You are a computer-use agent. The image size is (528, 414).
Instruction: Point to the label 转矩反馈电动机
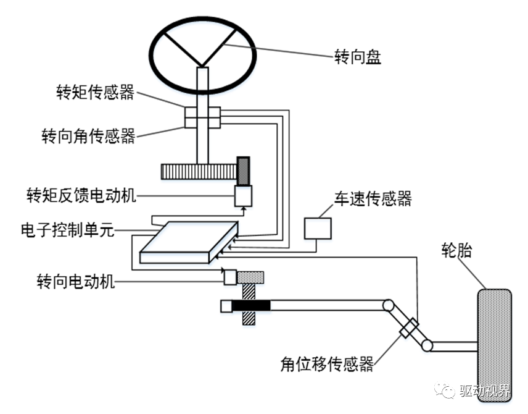point(81,196)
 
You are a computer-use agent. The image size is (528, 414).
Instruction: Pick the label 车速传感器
point(373,199)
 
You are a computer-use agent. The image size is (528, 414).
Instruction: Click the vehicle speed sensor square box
point(317,227)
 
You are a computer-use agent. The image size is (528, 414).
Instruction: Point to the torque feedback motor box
point(244,196)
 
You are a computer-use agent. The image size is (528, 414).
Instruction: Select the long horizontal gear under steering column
point(198,171)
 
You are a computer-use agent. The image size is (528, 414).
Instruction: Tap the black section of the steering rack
point(252,305)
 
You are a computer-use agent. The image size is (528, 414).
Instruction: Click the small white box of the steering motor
point(229,277)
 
